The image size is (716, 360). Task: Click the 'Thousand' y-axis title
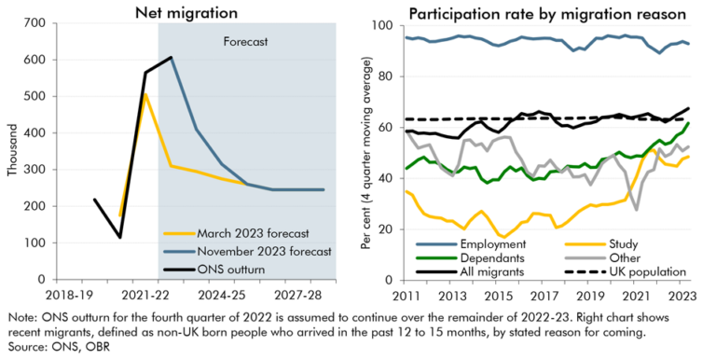(x=11, y=150)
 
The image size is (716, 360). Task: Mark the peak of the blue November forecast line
(x=171, y=58)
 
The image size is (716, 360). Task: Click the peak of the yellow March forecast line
(x=145, y=94)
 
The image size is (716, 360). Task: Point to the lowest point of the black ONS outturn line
(x=120, y=237)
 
